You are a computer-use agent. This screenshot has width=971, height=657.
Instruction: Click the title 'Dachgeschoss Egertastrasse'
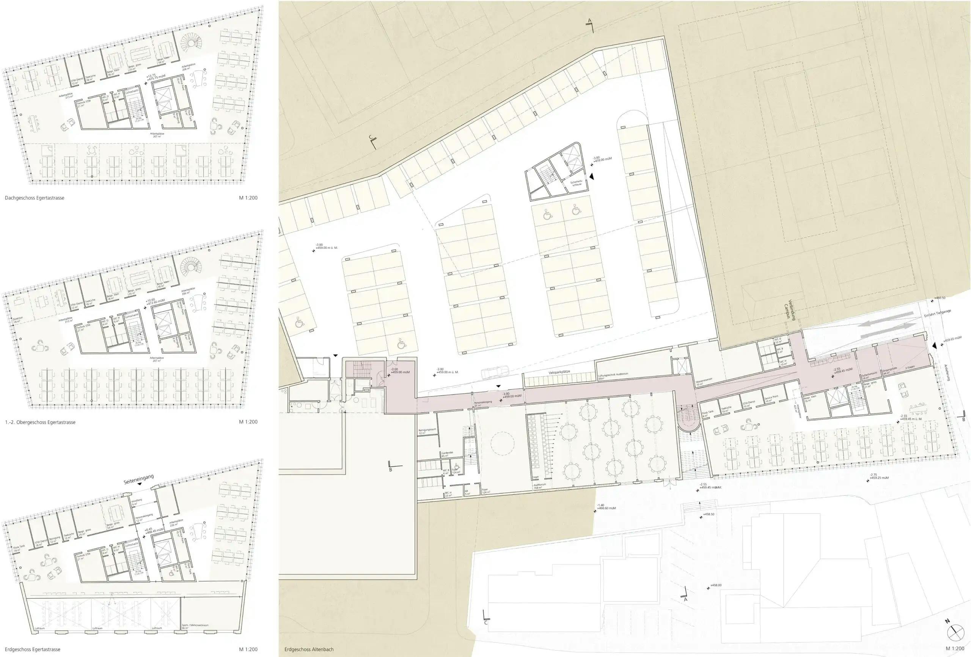35,198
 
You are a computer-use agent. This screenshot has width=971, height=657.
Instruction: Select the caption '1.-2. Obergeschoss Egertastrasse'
40,422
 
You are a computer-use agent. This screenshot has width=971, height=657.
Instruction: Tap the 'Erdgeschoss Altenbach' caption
309,649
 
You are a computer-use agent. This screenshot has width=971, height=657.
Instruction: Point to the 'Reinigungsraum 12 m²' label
427,431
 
